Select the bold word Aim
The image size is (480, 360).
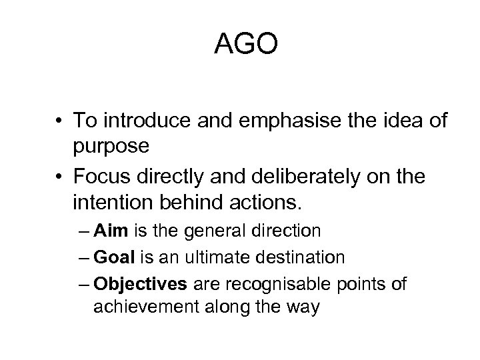108,231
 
